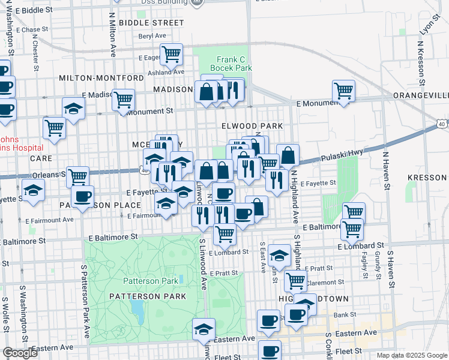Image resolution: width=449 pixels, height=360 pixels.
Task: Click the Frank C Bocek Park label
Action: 234,64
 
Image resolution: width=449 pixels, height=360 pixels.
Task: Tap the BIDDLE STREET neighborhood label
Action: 151,23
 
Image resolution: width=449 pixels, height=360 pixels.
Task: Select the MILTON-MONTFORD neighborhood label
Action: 101,78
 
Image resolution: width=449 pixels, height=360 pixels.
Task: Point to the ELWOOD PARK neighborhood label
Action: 252,126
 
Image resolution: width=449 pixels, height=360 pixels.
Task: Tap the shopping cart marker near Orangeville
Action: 343,91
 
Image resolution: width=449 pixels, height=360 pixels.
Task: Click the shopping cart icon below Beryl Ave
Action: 172,54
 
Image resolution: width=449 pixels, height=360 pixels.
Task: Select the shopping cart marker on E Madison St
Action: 123,99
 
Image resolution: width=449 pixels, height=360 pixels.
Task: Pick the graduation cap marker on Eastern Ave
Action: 204,329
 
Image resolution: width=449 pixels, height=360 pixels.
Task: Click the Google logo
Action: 20,353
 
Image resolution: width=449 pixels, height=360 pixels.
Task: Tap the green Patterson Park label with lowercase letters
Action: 151,281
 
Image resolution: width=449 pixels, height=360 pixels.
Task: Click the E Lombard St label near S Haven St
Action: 360,246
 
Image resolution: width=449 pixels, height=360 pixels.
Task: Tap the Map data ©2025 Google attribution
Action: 411,355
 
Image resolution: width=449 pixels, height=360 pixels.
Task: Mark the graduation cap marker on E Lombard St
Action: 279,256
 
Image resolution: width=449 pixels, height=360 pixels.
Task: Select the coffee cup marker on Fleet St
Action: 270,351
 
